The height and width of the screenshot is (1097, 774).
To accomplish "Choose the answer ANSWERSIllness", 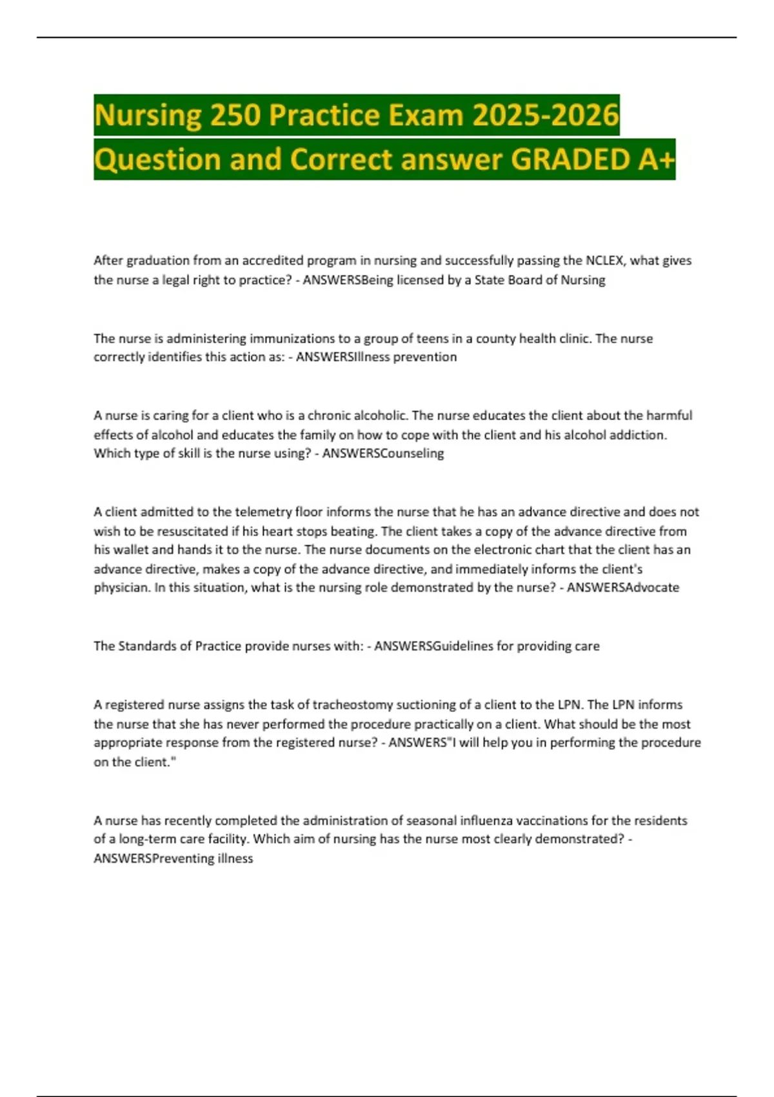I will pyautogui.click(x=336, y=357).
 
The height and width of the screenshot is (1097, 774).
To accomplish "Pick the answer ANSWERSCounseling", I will pyautogui.click(x=383, y=453).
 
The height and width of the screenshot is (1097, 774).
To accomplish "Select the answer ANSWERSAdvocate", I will pyautogui.click(x=622, y=587).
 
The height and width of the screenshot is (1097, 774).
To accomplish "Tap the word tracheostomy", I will pyautogui.click(x=353, y=705).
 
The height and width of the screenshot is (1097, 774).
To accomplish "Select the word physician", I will pyautogui.click(x=121, y=588).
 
